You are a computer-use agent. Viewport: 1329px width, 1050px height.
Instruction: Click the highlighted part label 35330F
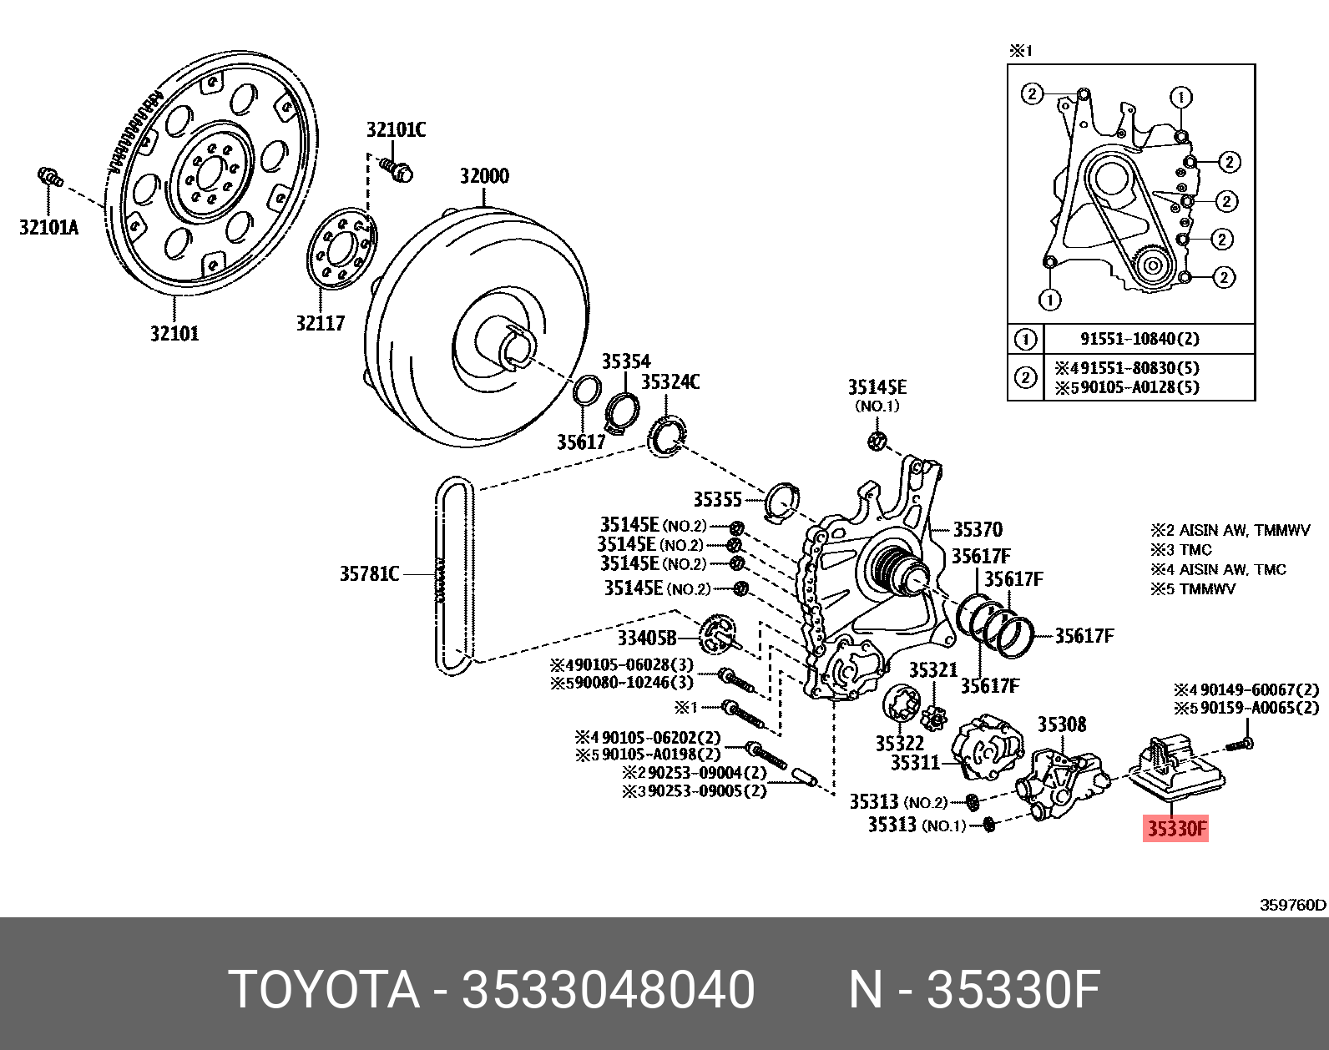coord(1175,829)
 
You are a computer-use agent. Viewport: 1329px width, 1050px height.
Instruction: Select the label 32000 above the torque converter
coord(484,176)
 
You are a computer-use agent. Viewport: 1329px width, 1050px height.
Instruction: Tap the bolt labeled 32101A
coord(50,177)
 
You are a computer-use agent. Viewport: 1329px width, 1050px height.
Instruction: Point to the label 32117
coord(321,323)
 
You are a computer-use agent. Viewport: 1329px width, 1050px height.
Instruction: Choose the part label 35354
coord(626,361)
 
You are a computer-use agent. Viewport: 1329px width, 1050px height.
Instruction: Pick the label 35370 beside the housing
coord(978,529)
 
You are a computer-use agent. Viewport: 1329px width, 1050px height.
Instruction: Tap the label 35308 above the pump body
coord(1062,724)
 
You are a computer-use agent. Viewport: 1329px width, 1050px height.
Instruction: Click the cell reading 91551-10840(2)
coord(1140,339)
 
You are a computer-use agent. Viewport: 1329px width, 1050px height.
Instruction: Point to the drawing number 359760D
coord(1292,905)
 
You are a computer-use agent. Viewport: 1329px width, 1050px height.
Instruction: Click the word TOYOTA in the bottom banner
coord(324,990)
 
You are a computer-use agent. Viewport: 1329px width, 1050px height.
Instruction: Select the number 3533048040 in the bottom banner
coord(609,990)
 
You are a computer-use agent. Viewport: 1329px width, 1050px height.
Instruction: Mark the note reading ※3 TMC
coord(1181,550)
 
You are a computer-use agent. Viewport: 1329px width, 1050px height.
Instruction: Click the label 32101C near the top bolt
coord(396,130)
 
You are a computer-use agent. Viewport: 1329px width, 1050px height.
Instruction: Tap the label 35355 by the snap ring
coord(717,499)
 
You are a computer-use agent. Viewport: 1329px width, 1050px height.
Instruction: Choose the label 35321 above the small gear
coord(932,670)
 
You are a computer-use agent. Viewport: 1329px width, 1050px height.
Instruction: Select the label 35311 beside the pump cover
coord(915,763)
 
